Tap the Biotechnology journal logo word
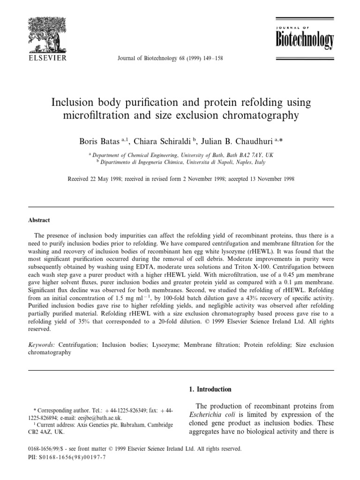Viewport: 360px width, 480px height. pos(304,41)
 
